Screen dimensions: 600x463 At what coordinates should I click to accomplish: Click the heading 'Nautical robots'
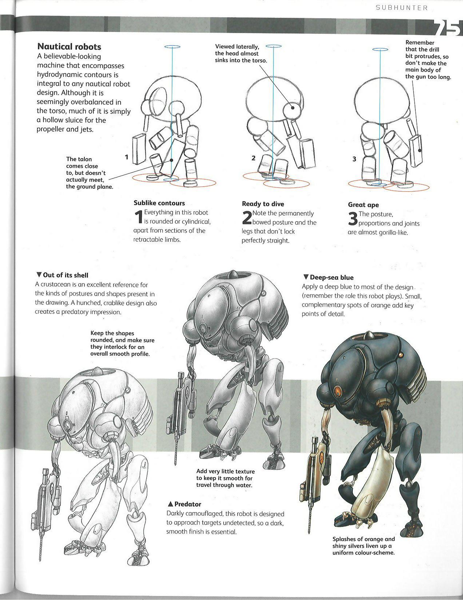pyautogui.click(x=69, y=47)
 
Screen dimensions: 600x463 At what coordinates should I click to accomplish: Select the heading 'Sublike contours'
pyautogui.click(x=159, y=203)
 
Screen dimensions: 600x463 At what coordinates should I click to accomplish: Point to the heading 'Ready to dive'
pyautogui.click(x=263, y=204)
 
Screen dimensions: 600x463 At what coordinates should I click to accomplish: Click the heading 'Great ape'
pyautogui.click(x=363, y=205)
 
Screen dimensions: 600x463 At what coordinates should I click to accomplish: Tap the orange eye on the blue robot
pyautogui.click(x=338, y=392)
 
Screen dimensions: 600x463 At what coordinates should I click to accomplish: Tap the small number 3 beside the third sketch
pyautogui.click(x=354, y=159)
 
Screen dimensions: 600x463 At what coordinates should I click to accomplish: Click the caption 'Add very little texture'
pyautogui.click(x=225, y=478)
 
